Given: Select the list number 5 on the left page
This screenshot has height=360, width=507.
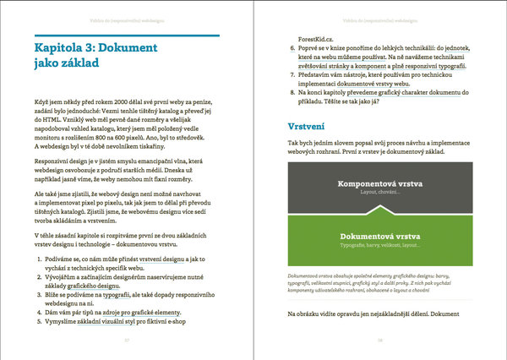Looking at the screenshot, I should point(39,322).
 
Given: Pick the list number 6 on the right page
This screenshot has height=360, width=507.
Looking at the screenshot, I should point(292,50).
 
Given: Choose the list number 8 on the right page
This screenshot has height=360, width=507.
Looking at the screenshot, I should point(292,91).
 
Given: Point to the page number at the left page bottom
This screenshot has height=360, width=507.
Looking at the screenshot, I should point(125,340).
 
